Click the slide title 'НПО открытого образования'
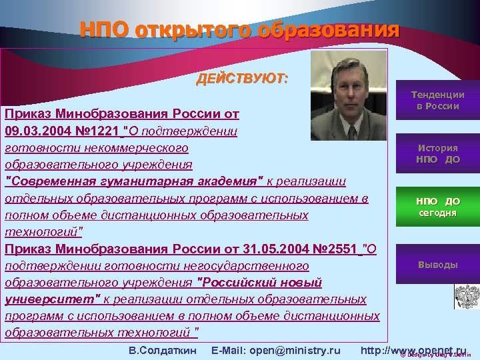pyautogui.click(x=239, y=31)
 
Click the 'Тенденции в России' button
pyautogui.click(x=437, y=101)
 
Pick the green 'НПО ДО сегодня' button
pyautogui.click(x=437, y=207)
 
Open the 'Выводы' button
pyautogui.click(x=437, y=265)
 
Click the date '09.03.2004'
pyautogui.click(x=33, y=130)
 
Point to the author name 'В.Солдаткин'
pyautogui.click(x=162, y=350)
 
